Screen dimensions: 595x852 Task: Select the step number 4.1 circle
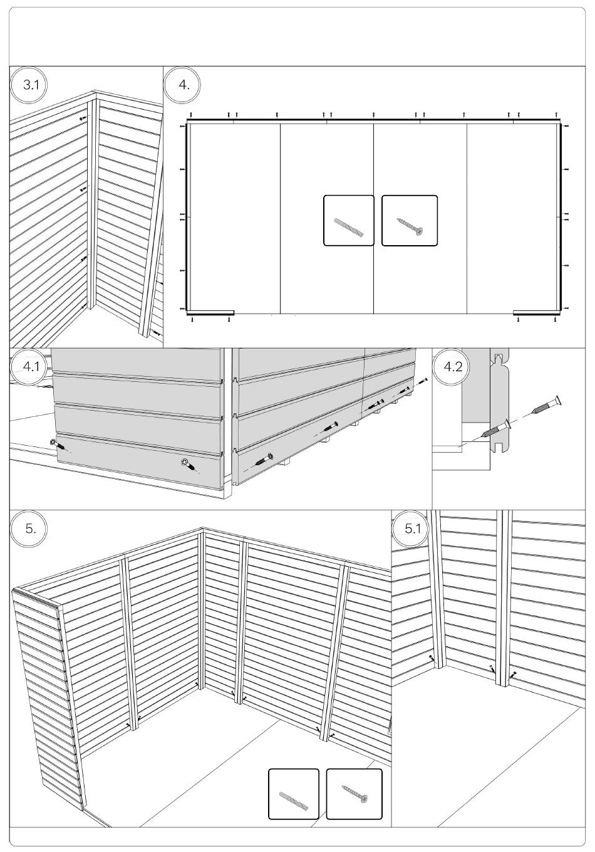[x=31, y=367]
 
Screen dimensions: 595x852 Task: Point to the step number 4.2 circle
[x=453, y=367]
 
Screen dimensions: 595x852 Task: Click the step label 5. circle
[x=31, y=529]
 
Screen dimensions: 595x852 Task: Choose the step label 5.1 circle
[x=411, y=529]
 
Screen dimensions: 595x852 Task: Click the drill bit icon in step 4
[x=348, y=227]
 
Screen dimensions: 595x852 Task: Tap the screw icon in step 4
[x=410, y=226]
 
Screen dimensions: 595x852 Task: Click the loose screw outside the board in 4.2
[x=547, y=404]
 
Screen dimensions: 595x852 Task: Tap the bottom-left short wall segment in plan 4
[x=210, y=312]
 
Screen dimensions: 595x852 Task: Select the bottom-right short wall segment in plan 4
[x=537, y=312]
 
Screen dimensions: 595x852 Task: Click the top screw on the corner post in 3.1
[x=83, y=119]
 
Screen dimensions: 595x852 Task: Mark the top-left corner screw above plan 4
[x=191, y=114]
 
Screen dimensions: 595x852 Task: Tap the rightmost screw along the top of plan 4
[x=557, y=114]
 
